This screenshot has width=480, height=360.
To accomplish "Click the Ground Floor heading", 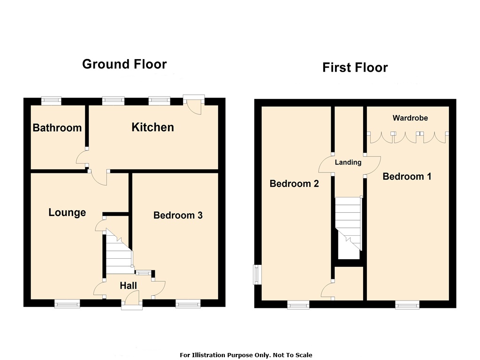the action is click(124, 64).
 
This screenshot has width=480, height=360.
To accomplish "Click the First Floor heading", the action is click(355, 67).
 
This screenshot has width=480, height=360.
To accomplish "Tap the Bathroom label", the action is click(57, 127).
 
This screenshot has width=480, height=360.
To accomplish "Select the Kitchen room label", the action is click(153, 127).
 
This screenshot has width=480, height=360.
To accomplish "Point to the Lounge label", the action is click(67, 212).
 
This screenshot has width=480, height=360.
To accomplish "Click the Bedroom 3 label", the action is click(178, 215).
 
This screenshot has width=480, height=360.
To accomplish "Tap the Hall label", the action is click(128, 285).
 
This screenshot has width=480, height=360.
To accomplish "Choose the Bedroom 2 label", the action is click(294, 184).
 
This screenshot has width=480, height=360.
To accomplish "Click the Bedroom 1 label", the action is click(407, 176).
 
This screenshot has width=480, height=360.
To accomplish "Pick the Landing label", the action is click(348, 162).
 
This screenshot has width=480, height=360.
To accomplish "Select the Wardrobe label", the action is click(410, 118).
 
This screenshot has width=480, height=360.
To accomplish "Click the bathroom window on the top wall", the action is click(51, 100).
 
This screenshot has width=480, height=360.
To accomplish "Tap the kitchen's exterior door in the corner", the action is click(194, 105).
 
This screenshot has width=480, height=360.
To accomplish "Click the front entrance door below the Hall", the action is click(132, 300).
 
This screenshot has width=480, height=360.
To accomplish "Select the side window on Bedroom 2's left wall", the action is click(257, 275).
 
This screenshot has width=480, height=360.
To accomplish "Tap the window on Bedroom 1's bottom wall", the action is click(407, 304).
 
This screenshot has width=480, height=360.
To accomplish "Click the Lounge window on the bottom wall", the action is click(67, 303).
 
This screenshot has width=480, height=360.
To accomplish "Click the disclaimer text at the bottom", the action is click(246, 355).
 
